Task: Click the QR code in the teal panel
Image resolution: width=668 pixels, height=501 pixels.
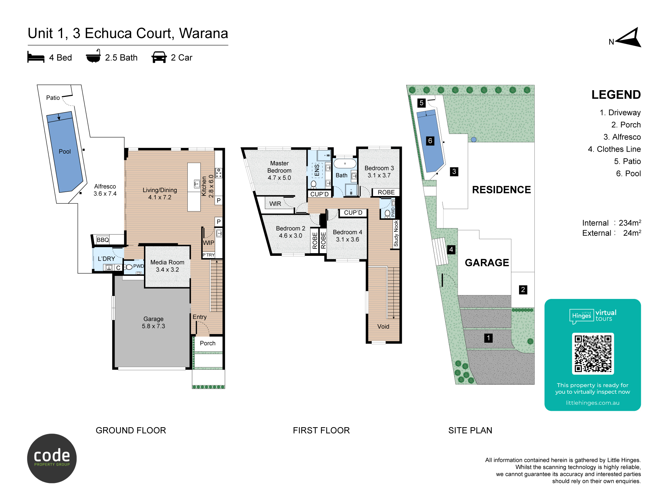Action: pyautogui.click(x=593, y=354)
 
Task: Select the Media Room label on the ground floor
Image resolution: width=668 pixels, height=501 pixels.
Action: pyautogui.click(x=167, y=262)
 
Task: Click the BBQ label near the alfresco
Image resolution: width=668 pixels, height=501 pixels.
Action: pyautogui.click(x=103, y=240)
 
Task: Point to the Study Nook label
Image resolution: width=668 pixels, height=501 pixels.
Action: pyautogui.click(x=396, y=233)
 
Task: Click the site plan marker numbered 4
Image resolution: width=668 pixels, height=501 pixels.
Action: pyautogui.click(x=451, y=249)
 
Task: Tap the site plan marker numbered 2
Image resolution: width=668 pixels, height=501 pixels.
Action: pyautogui.click(x=523, y=290)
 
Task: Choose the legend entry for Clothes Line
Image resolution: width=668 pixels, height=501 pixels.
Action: pyautogui.click(x=614, y=149)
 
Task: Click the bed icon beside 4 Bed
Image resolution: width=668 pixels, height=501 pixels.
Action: pyautogui.click(x=36, y=57)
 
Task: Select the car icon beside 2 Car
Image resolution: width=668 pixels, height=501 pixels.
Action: pyautogui.click(x=159, y=57)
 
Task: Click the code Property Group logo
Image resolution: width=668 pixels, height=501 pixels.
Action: pyautogui.click(x=52, y=458)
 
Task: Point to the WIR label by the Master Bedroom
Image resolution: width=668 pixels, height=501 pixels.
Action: pyautogui.click(x=275, y=204)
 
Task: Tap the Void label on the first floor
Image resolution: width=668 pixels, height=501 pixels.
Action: pyautogui.click(x=383, y=326)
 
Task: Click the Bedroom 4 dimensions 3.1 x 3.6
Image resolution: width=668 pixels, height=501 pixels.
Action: pyautogui.click(x=348, y=239)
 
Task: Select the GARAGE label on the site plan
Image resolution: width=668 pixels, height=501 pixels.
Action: pyautogui.click(x=487, y=263)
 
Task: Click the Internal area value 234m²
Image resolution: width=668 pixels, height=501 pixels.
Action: pyautogui.click(x=630, y=223)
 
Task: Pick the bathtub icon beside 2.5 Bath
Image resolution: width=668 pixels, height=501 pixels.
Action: pyautogui.click(x=93, y=56)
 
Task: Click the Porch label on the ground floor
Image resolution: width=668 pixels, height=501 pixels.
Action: pyautogui.click(x=208, y=343)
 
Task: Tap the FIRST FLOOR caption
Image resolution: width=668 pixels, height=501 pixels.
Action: pyautogui.click(x=321, y=430)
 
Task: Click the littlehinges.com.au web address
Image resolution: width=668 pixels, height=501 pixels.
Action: pyautogui.click(x=593, y=403)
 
